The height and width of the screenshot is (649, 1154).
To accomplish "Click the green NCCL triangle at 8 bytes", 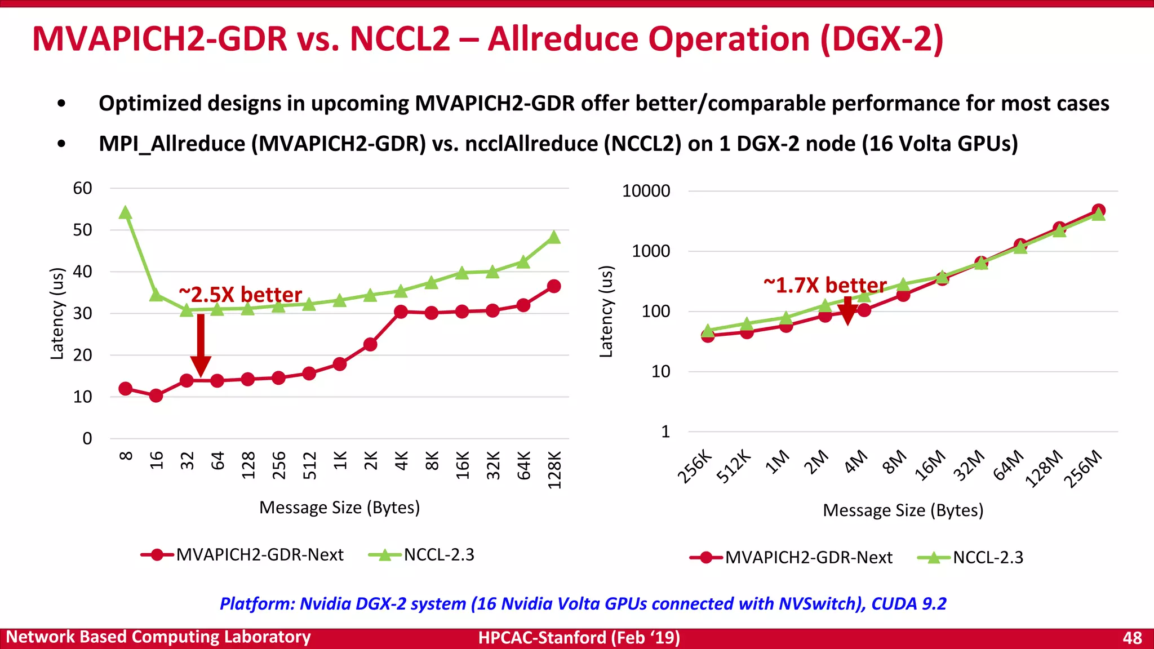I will (x=126, y=213).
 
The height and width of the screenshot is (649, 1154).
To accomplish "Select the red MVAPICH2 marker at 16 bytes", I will (x=156, y=395).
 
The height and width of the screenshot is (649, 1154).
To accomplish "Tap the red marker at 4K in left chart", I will (x=401, y=312).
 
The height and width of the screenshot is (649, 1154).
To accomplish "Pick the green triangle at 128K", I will (x=554, y=238).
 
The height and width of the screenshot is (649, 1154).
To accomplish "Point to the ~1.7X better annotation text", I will (x=825, y=285).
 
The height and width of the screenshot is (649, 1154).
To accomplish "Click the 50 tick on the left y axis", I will (x=82, y=230).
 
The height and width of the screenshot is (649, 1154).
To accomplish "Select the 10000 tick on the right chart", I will (x=646, y=191).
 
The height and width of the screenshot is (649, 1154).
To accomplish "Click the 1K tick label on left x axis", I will (x=340, y=460).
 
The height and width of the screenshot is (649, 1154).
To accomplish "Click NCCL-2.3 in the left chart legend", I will (x=439, y=555).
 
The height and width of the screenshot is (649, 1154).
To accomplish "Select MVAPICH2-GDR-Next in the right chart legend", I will (x=808, y=558).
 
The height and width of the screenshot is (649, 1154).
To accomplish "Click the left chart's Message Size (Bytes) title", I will (x=339, y=508).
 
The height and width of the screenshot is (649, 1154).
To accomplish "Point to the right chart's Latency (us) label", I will (x=606, y=311).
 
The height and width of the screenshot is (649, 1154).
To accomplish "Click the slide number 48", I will (x=1132, y=638).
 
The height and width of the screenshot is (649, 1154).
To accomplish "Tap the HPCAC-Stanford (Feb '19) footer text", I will (x=579, y=638).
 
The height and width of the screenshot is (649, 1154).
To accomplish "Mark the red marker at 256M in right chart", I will (x=1098, y=211).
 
